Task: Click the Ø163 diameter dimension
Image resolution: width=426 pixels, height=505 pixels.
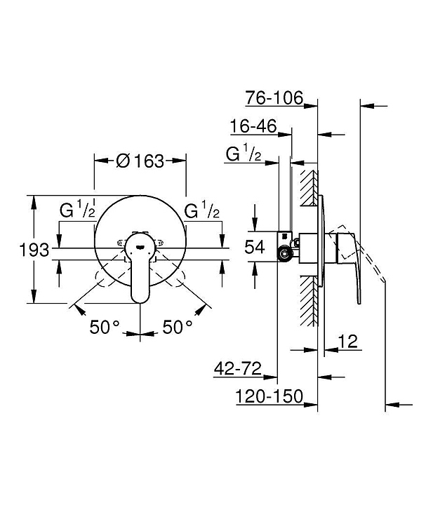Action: [140, 161]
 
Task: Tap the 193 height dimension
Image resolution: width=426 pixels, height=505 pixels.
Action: [34, 250]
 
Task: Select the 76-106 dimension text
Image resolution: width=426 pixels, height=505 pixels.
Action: [274, 97]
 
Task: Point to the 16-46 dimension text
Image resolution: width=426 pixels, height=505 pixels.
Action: [253, 126]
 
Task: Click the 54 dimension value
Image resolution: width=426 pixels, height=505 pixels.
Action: [255, 247]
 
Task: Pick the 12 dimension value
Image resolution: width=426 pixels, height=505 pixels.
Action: [348, 341]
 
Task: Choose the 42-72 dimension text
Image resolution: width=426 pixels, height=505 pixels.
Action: [237, 368]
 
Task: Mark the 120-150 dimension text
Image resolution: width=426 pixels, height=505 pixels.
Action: [269, 396]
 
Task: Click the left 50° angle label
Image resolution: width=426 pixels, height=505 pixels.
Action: [105, 327]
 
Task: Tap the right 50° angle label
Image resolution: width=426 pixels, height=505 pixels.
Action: [178, 327]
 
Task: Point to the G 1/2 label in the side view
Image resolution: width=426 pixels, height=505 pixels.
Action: [244, 154]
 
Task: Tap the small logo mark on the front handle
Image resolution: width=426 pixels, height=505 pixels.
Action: [140, 248]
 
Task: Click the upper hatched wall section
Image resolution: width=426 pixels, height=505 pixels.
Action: [309, 187]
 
